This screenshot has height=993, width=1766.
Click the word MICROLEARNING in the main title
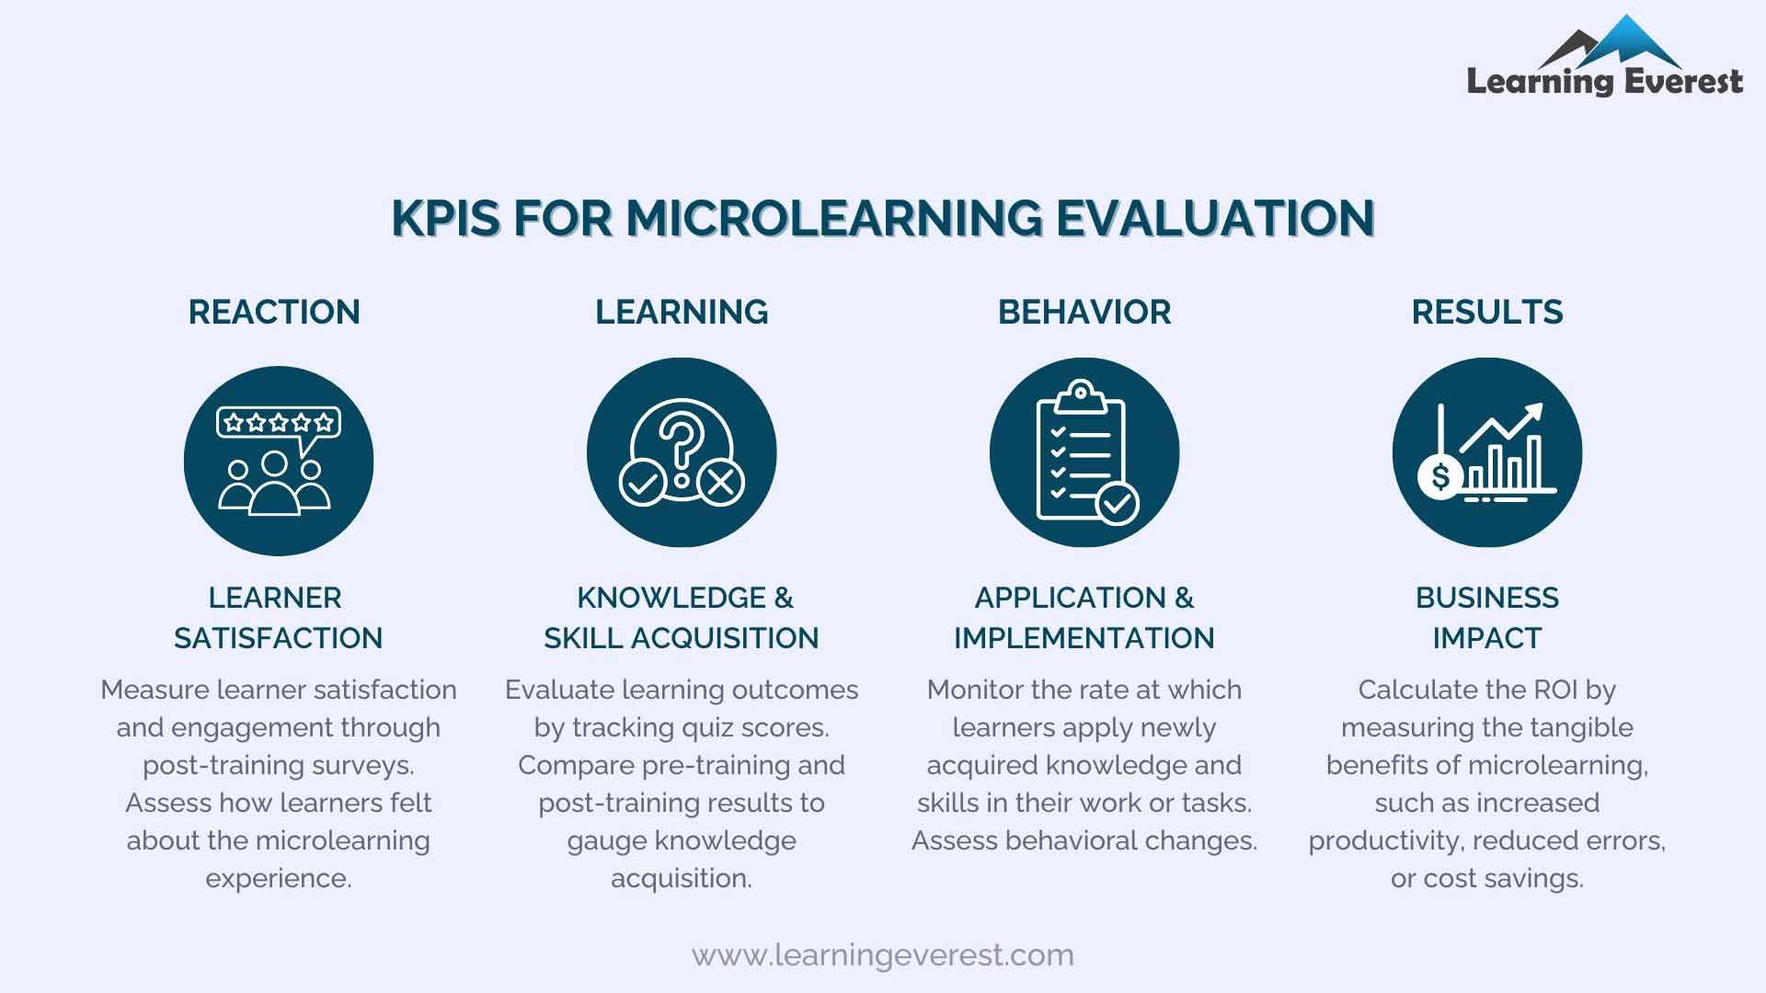coord(834,218)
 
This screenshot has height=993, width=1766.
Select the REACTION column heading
coord(274,312)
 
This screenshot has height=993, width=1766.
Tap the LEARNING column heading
coord(682,312)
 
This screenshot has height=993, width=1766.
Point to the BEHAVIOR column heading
coord(1084,312)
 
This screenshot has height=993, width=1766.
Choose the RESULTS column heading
coord(1487,312)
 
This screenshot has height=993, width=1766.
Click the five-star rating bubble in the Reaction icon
coord(278,423)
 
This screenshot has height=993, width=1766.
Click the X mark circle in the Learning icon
coord(721,482)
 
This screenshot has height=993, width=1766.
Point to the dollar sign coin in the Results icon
coord(1440,476)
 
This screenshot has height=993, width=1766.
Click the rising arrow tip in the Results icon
coord(1535,411)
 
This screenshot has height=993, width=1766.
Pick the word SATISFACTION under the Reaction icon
coord(278,638)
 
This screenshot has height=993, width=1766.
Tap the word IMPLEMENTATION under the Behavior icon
coord(1084,638)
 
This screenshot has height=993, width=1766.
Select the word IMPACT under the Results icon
coord(1486,638)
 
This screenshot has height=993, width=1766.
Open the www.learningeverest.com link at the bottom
coord(882,955)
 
